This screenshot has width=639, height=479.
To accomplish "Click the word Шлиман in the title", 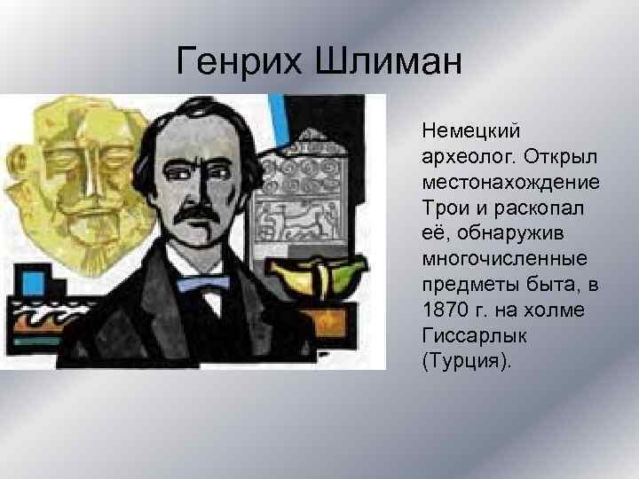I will (x=387, y=61).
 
